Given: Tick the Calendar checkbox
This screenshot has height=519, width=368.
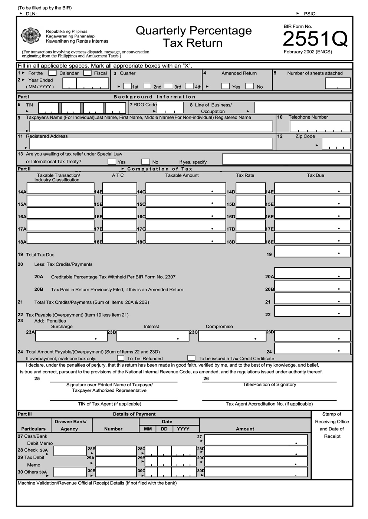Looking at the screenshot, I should (x=53, y=73).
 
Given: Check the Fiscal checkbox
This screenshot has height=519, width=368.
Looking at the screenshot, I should (x=88, y=73).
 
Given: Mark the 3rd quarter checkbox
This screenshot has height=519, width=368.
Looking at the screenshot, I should (x=168, y=86).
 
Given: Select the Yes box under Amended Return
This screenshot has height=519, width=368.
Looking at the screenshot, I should (x=225, y=86).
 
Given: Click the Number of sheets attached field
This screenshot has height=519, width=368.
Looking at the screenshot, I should (x=337, y=83).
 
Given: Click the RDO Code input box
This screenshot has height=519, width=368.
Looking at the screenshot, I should (x=170, y=108).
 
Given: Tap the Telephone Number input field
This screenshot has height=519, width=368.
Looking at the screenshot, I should (x=320, y=126).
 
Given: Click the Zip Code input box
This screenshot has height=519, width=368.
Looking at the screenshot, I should (x=336, y=143).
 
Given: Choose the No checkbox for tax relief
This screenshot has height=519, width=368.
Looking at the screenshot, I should (x=145, y=162).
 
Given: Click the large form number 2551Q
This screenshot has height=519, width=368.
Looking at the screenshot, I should (x=315, y=39).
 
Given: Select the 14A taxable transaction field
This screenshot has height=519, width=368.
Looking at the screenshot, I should (x=60, y=188).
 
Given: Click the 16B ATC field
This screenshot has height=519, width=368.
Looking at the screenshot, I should (x=119, y=213).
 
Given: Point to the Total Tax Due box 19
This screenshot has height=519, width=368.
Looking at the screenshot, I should (x=312, y=251).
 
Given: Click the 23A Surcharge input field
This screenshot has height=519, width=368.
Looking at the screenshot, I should (x=66, y=335).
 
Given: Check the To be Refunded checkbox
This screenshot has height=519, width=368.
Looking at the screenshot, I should (x=121, y=358).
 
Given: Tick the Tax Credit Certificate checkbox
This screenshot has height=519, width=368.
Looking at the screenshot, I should (x=191, y=358).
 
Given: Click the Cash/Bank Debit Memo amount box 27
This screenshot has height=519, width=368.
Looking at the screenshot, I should (x=256, y=440).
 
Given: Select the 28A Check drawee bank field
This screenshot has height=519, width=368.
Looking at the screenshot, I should (x=70, y=451).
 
